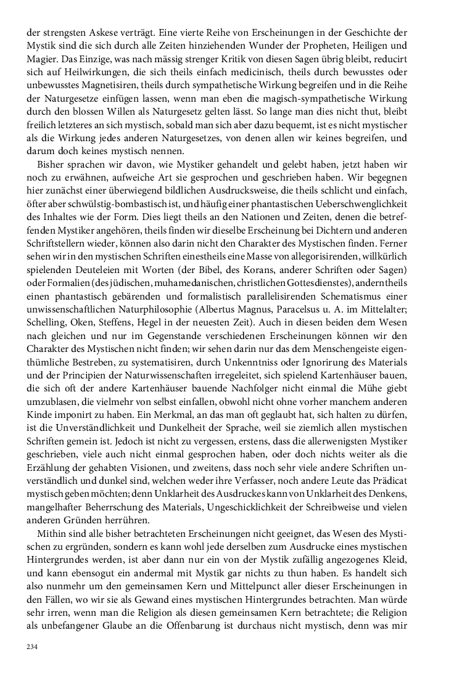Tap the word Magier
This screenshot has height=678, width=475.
coord(39,62)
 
